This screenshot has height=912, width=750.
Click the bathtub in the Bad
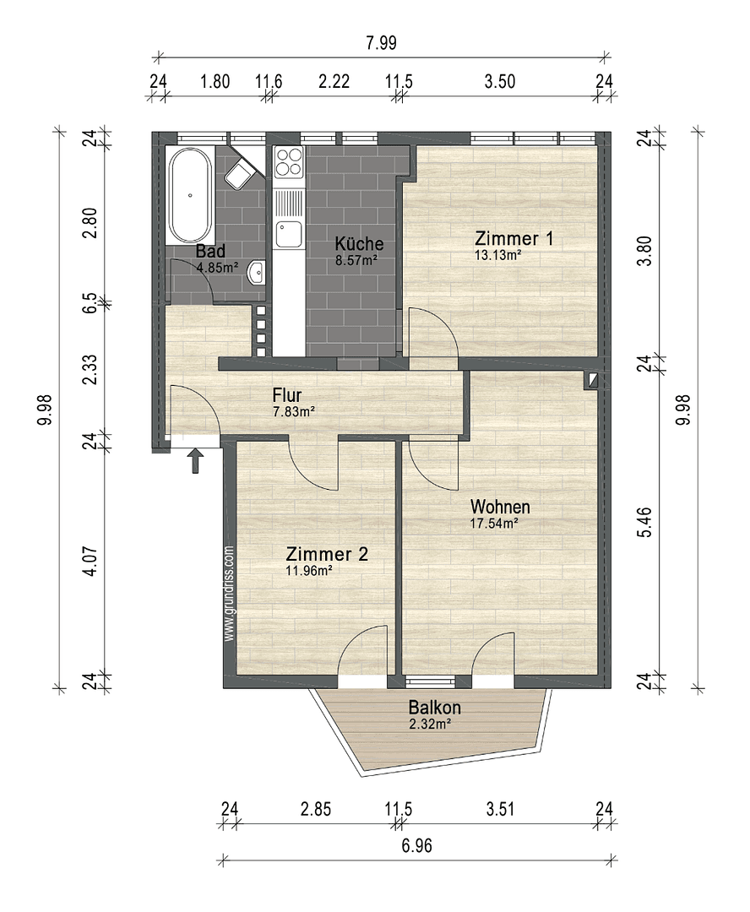(x=191, y=195)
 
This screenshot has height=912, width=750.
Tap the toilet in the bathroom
(x=240, y=175)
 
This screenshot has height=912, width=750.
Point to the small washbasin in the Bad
(x=261, y=272)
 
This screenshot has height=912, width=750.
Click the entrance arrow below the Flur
(x=195, y=460)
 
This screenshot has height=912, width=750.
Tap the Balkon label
(x=434, y=707)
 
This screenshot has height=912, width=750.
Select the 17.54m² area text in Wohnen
(x=494, y=523)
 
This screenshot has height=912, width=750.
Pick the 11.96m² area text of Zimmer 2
(x=308, y=570)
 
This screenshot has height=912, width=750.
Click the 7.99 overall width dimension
(x=381, y=43)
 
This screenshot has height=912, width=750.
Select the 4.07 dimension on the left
(x=94, y=561)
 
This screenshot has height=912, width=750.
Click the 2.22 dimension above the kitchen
(x=334, y=82)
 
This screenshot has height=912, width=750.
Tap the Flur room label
(x=287, y=395)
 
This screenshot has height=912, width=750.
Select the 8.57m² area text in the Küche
(x=356, y=260)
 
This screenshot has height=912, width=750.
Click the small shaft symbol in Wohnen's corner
(x=595, y=381)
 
